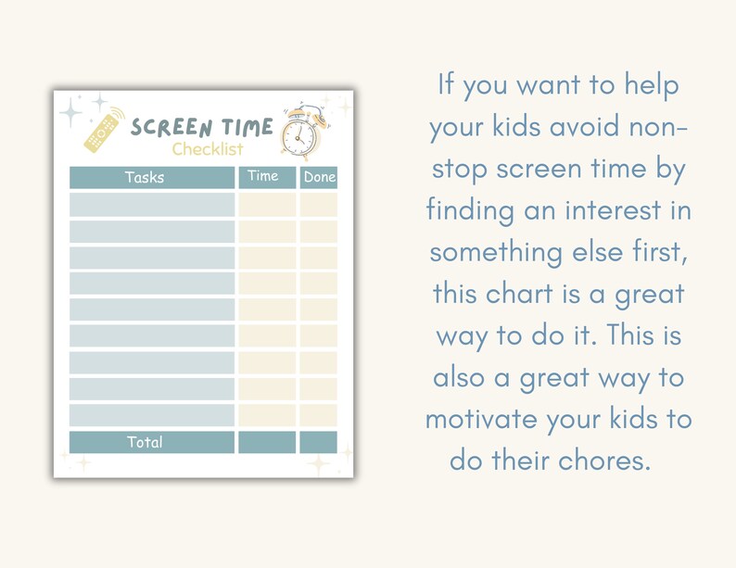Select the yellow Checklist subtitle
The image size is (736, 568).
(x=208, y=149)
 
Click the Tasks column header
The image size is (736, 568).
(x=144, y=177)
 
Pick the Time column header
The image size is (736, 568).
(x=263, y=176)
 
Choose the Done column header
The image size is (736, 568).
(x=319, y=177)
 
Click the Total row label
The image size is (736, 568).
(x=145, y=442)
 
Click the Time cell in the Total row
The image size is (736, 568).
(x=267, y=442)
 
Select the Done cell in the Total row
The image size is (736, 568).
(x=318, y=442)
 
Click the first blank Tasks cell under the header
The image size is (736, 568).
(x=152, y=205)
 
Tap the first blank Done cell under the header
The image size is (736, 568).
(x=318, y=205)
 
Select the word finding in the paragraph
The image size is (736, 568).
(x=469, y=210)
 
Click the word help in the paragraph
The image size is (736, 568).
(x=649, y=86)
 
